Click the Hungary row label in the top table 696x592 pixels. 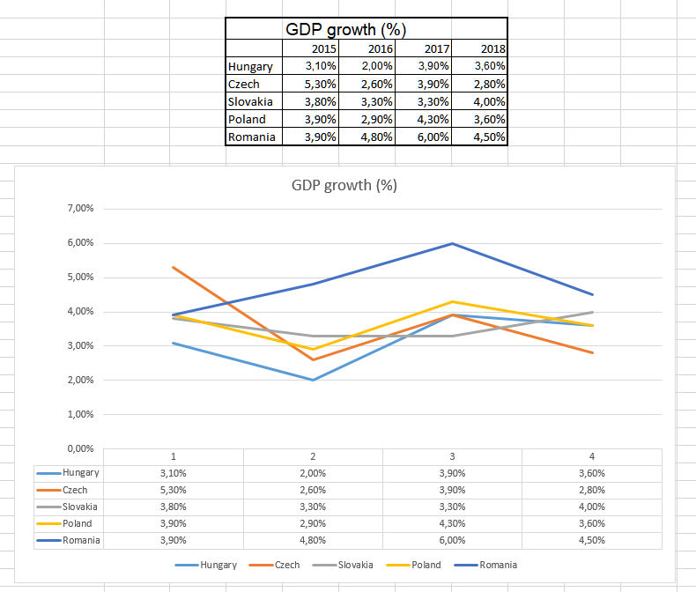point(250,66)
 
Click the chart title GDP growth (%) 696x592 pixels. point(344,186)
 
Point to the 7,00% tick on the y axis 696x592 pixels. point(79,209)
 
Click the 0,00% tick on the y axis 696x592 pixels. point(79,448)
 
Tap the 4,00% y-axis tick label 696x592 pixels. point(79,312)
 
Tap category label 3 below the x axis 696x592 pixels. point(452,456)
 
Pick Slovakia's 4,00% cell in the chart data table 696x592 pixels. point(591,507)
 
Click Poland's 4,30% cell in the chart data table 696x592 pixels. point(452,523)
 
